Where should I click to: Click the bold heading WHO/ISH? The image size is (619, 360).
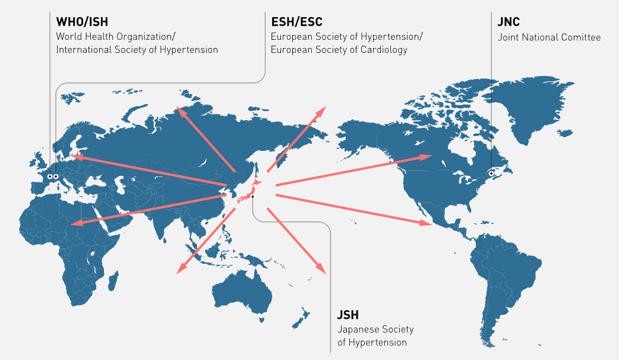pos(86,23)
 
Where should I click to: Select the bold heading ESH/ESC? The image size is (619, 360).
pos(296,23)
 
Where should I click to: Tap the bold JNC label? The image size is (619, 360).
pos(508,23)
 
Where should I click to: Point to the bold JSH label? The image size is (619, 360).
pos(348,315)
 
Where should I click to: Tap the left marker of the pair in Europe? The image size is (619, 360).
pos(48,176)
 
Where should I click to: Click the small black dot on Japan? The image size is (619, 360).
pos(252,196)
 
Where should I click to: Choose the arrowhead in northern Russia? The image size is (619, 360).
pos(179,110)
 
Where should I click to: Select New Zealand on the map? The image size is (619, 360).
pos(305,315)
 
